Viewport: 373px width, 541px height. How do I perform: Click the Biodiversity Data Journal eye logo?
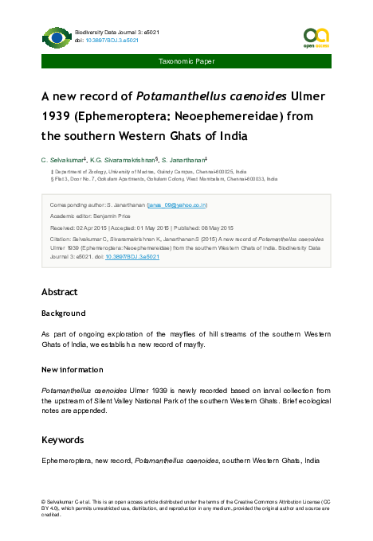click(x=57, y=37)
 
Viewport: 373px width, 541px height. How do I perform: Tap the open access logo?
click(x=316, y=37)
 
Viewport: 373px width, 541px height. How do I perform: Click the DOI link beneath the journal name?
click(x=100, y=39)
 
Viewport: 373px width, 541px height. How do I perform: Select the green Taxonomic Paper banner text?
click(x=186, y=61)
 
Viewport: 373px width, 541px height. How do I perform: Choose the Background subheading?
click(x=63, y=313)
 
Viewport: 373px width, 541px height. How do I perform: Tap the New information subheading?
click(x=72, y=370)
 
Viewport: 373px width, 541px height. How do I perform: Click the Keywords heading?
click(x=63, y=440)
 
